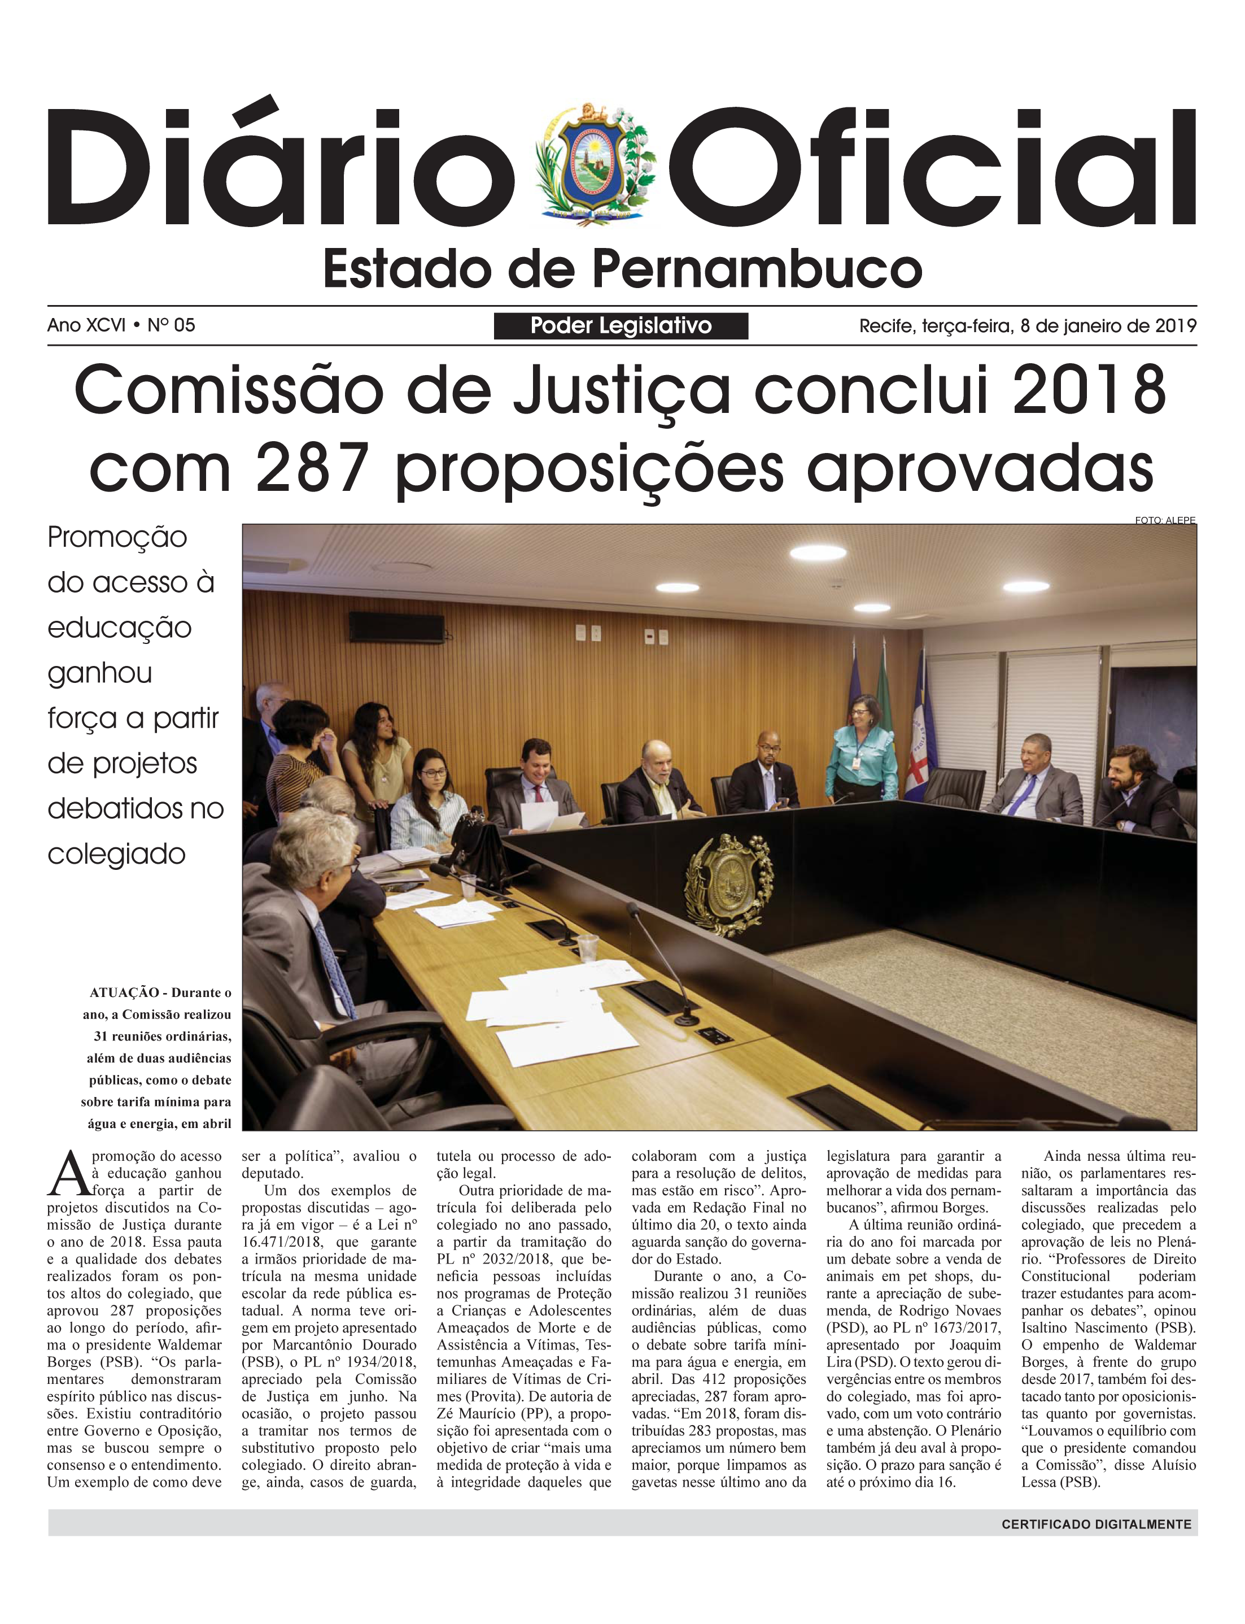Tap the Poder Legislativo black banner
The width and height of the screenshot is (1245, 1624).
click(x=621, y=325)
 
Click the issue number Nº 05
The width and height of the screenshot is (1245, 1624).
click(x=171, y=325)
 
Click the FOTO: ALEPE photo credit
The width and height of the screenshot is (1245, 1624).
click(x=1164, y=520)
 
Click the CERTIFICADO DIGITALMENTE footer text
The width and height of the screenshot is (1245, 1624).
click(x=1096, y=1524)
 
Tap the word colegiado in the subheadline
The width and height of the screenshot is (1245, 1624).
click(x=116, y=854)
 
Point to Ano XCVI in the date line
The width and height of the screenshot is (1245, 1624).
click(x=86, y=325)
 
